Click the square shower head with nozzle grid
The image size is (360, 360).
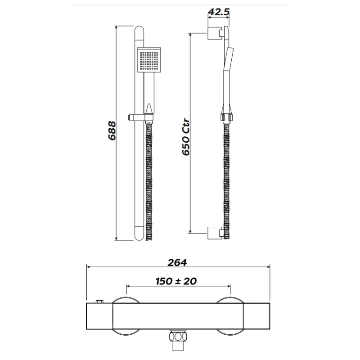[149, 61]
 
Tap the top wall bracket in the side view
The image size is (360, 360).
[215, 33]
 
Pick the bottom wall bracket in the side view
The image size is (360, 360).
[215, 234]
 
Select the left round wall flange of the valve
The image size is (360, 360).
[124, 301]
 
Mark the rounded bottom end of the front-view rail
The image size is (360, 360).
[139, 236]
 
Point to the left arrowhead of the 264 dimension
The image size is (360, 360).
[88, 267]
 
